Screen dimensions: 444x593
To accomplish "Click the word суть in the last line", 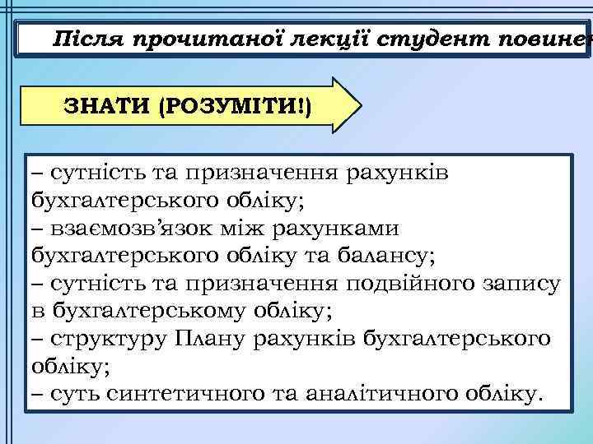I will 76,394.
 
